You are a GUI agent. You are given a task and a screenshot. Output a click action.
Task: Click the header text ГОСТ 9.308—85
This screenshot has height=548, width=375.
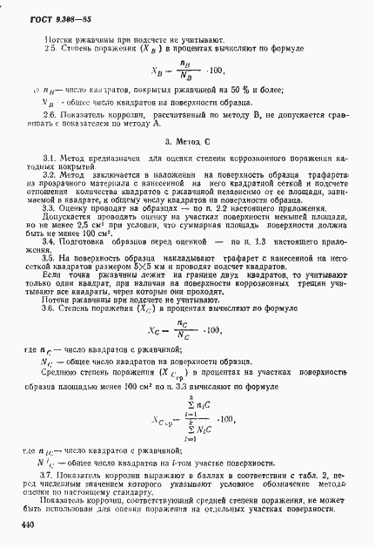[40, 19]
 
